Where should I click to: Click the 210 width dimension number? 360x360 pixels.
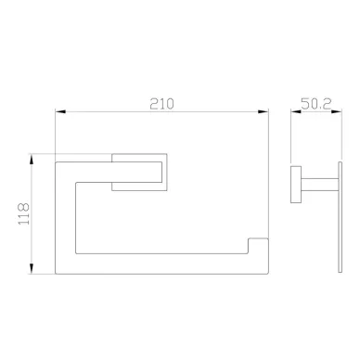click(x=161, y=104)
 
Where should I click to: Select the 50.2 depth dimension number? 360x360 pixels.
click(x=315, y=104)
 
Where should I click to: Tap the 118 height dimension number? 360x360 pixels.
click(x=24, y=213)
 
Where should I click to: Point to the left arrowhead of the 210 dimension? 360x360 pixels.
click(x=60, y=111)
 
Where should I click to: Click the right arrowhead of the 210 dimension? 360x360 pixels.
click(x=263, y=111)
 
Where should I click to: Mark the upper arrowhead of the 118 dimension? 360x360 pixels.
click(x=32, y=160)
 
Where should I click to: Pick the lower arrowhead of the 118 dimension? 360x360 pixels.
click(x=32, y=268)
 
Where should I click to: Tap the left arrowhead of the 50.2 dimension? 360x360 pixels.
click(x=296, y=111)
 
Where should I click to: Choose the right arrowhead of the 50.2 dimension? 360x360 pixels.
click(x=337, y=111)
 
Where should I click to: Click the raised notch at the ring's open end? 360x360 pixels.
click(x=258, y=246)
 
